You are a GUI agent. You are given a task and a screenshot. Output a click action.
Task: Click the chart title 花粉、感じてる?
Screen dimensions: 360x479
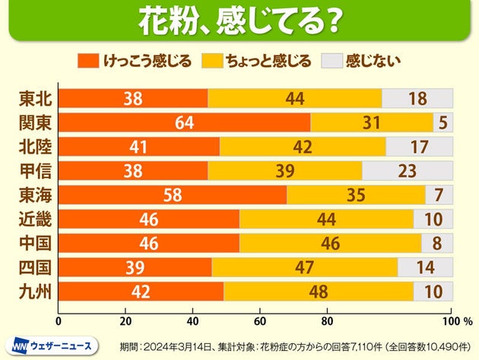coord(239,21)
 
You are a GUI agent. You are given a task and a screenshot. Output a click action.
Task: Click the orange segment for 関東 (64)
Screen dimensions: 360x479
coord(184,123)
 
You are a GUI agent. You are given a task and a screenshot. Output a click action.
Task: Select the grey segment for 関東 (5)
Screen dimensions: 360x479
coord(443,123)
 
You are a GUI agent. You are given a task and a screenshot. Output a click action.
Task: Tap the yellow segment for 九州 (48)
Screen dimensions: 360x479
coord(319,292)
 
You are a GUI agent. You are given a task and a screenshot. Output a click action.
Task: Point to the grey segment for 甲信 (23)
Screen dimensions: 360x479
coord(408,170)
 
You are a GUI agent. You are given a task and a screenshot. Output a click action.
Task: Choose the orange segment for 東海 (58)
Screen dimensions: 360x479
coord(173,195)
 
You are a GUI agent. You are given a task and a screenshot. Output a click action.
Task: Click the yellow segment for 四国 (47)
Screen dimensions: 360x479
coord(304,267)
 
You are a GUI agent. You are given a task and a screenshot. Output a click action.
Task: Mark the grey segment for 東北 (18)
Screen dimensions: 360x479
coord(417,98)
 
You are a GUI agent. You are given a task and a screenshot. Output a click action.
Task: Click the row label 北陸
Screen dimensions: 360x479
coord(34,147)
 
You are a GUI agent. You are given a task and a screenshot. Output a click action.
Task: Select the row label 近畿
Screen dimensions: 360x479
coord(34,219)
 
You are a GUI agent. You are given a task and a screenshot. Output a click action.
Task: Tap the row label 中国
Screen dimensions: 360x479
coord(34,244)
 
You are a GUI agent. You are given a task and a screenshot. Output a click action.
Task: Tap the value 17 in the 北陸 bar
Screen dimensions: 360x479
coord(420,147)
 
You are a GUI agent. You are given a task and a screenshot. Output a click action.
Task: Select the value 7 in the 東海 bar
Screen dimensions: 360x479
coord(439,195)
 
